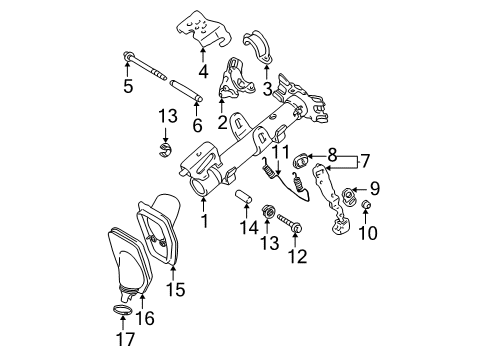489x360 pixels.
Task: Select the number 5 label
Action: [x=128, y=87]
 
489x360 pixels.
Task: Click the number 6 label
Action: [x=197, y=125]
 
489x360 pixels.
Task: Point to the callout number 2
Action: [x=222, y=121]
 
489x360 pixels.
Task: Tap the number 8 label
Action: [x=332, y=156]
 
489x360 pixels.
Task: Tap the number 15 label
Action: [x=175, y=291]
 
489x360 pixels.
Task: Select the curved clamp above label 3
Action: [x=262, y=45]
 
